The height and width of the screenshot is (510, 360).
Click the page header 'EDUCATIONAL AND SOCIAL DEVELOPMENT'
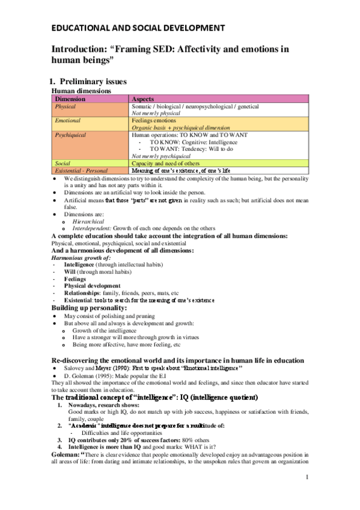pyautogui.click(x=138, y=28)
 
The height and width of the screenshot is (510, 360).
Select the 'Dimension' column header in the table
pyautogui.click(x=70, y=99)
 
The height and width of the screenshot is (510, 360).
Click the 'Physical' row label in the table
pyautogui.click(x=66, y=106)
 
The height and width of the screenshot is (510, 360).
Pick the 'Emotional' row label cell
pyautogui.click(x=67, y=120)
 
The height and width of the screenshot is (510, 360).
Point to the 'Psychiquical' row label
pyautogui.click(x=71, y=135)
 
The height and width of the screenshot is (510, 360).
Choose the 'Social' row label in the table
pyautogui.click(x=63, y=163)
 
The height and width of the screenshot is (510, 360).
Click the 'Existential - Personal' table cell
pyautogui.click(x=81, y=171)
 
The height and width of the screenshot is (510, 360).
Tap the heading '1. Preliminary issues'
pyautogui.click(x=96, y=81)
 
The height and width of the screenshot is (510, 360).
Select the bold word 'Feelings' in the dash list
pyautogui.click(x=75, y=279)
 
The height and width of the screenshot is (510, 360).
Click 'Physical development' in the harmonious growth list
pyautogui.click(x=92, y=286)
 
